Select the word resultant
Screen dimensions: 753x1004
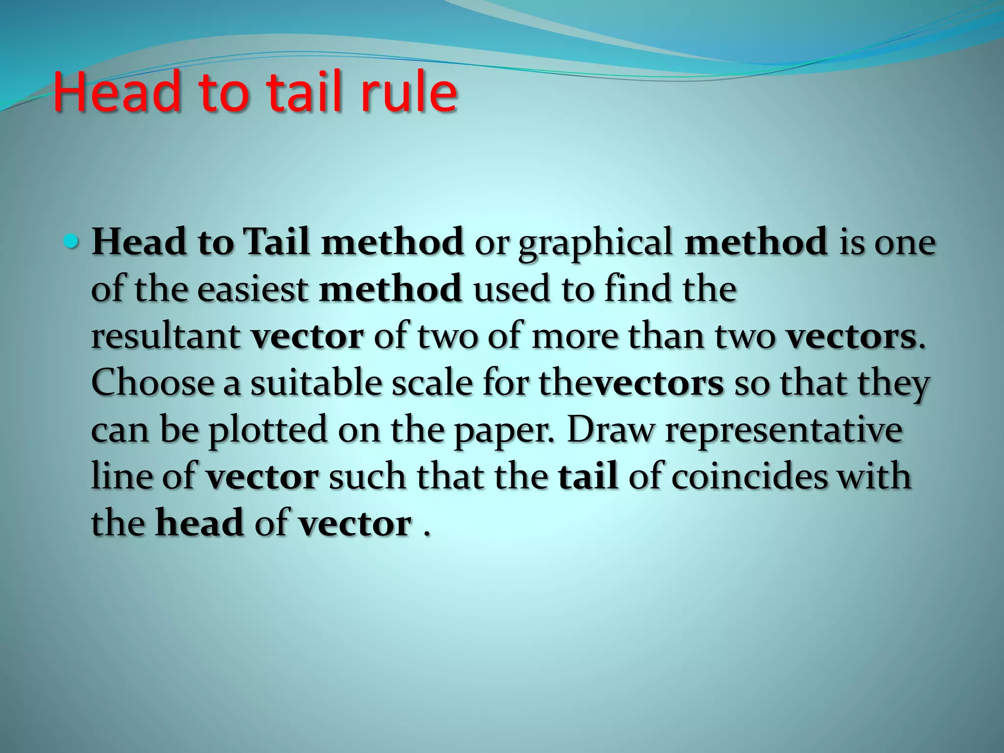(x=165, y=337)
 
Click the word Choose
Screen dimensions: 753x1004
(x=152, y=383)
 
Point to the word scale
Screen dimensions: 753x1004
(x=431, y=383)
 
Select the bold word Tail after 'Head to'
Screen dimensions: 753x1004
(x=277, y=243)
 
